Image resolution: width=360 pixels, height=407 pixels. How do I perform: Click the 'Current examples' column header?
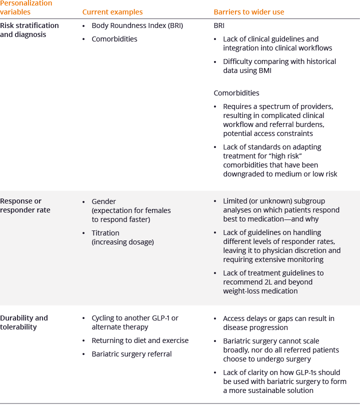[112, 12]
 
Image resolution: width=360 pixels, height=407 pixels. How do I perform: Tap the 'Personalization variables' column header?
[26, 7]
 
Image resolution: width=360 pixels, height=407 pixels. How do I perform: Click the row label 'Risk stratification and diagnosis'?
[29, 30]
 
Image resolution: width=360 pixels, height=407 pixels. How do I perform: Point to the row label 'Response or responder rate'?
[25, 205]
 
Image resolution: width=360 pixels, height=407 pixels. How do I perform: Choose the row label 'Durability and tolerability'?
[24, 322]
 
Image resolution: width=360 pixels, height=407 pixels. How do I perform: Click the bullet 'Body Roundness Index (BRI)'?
[137, 25]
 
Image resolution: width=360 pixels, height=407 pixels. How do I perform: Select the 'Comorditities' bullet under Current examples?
[114, 39]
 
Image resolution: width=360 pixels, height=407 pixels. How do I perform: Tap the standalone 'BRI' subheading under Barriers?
[219, 25]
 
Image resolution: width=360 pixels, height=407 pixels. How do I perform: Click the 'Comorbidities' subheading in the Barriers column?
[236, 93]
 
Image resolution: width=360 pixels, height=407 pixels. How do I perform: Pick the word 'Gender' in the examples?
[103, 201]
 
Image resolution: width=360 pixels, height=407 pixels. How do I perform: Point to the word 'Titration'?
[105, 233]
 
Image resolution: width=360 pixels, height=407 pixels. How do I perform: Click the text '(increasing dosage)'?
[122, 242]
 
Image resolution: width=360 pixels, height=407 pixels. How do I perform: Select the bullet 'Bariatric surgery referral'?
[131, 354]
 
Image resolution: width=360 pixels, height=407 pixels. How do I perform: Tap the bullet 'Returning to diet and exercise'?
[140, 340]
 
